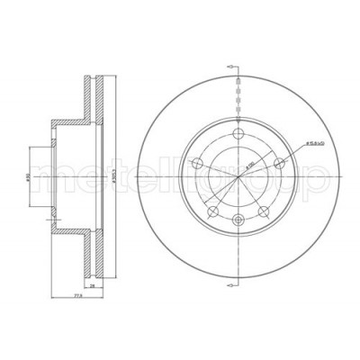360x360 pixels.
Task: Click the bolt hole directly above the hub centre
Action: click(x=237, y=134)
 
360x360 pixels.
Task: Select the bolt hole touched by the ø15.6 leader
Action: click(x=279, y=162)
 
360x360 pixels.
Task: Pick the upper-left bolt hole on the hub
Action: click(x=196, y=163)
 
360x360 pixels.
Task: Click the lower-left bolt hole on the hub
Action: click(x=212, y=212)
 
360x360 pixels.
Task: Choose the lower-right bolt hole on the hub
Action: click(x=263, y=212)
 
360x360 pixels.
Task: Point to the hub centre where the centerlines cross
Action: click(x=238, y=178)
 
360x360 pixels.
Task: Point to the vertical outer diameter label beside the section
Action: click(x=111, y=179)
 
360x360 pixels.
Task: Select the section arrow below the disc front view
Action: click(x=231, y=285)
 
